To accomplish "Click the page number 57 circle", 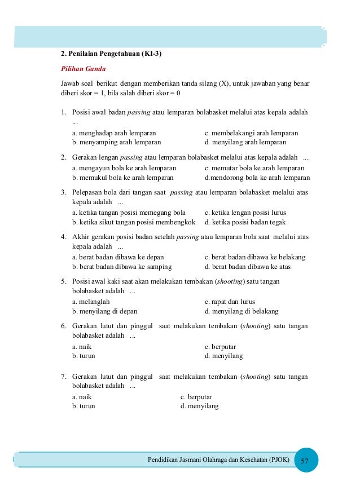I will coord(305,461).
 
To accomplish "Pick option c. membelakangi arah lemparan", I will coord(251,133).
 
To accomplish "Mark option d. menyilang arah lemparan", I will coord(245,142).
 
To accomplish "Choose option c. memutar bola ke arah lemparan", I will coord(254,168).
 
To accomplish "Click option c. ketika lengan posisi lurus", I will coord(245,213).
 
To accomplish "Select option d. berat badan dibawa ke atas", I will coord(248,266).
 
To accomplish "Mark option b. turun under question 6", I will coord(84,356).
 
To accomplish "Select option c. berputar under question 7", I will coord(197,397).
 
